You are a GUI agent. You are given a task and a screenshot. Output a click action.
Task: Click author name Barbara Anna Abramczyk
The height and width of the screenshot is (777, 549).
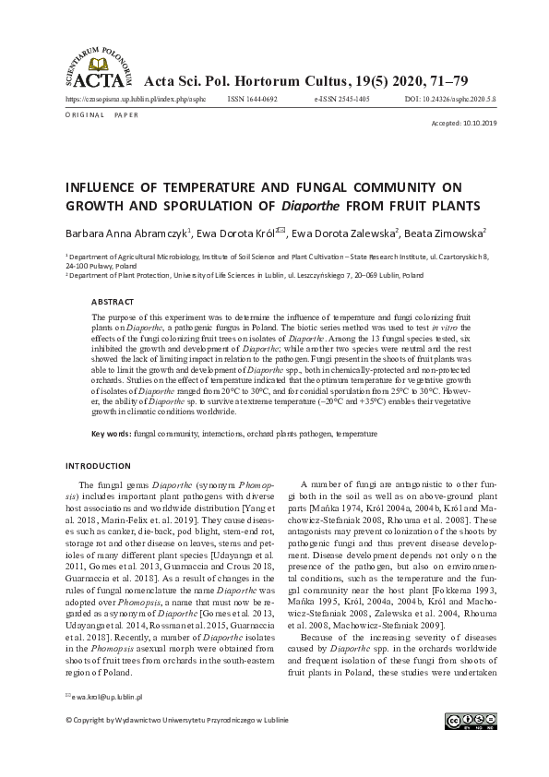pos(125,234)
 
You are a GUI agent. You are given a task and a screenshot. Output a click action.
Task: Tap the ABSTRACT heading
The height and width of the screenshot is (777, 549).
pos(113,301)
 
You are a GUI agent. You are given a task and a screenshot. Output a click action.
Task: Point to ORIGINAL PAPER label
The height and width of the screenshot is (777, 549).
pos(101,115)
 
